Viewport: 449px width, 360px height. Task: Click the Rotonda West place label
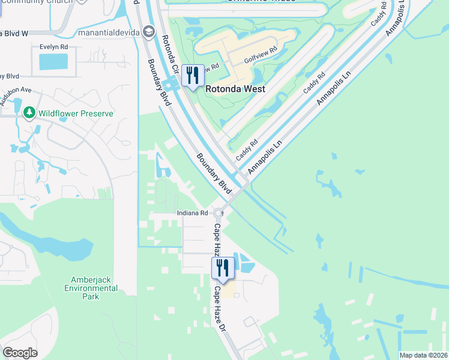tap(235, 89)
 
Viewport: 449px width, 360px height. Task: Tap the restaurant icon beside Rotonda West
tap(193, 76)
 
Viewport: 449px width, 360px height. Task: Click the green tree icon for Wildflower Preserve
tap(28, 112)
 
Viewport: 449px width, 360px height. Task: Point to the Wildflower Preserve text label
tap(75, 113)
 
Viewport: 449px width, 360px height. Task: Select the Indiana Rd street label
tap(192, 213)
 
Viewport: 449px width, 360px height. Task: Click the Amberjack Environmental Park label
tap(91, 288)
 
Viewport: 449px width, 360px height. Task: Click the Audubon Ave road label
tap(14, 96)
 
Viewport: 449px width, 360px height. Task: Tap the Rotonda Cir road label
tap(170, 54)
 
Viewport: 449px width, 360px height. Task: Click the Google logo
tap(20, 353)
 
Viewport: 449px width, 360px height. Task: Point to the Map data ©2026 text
tap(423, 355)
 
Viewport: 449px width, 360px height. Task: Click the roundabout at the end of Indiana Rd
tap(219, 213)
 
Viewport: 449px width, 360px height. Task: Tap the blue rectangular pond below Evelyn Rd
tap(53, 61)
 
